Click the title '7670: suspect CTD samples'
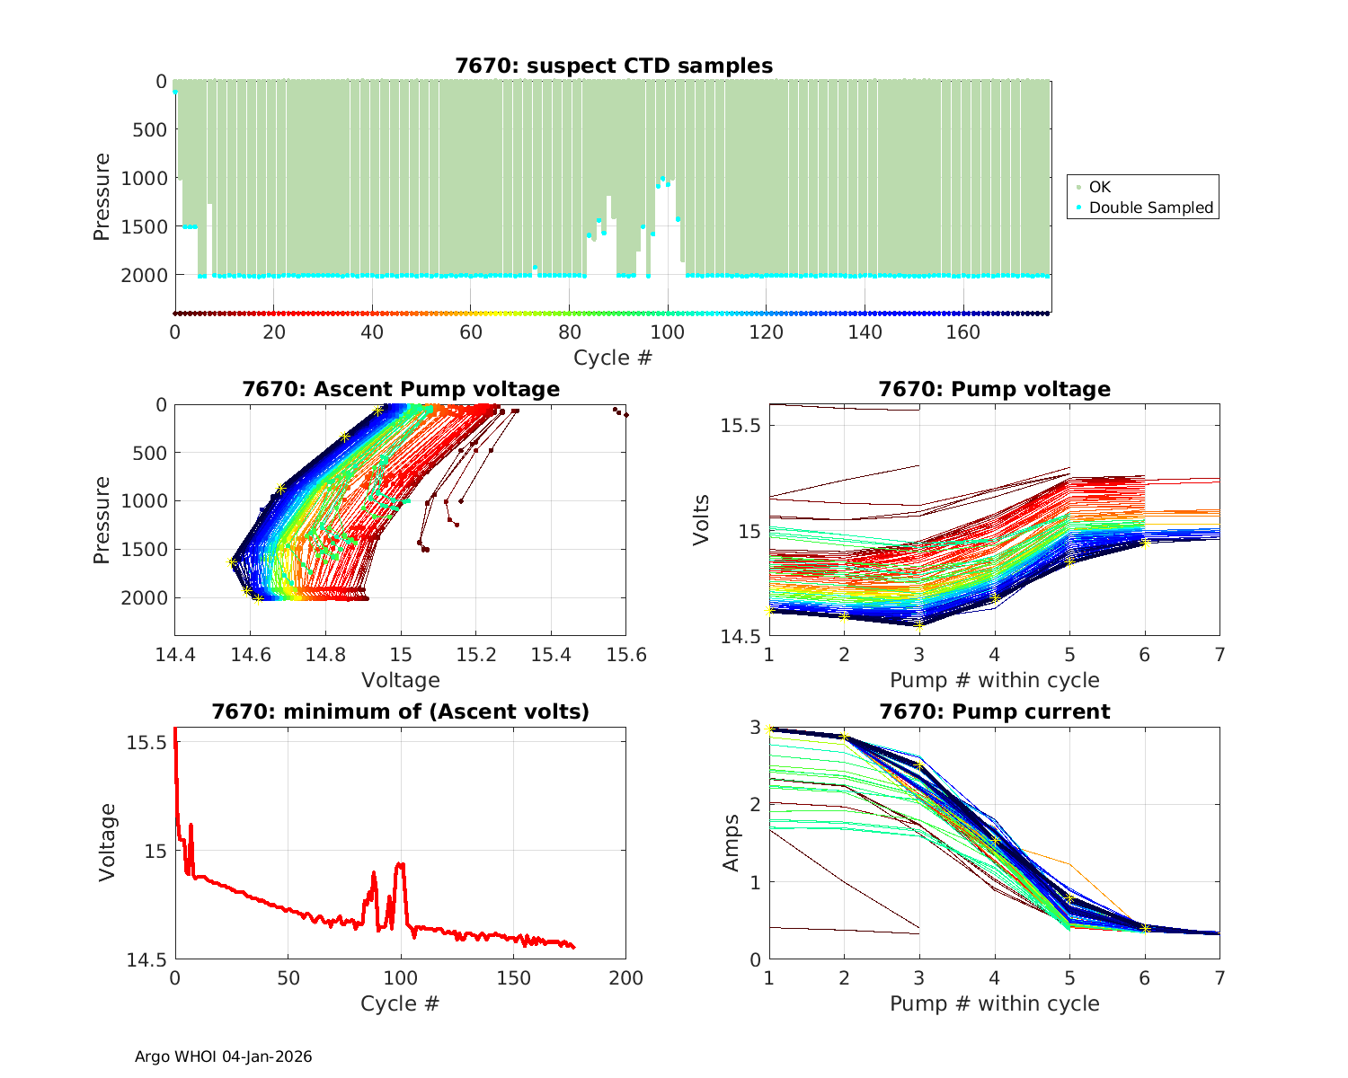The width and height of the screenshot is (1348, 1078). (614, 66)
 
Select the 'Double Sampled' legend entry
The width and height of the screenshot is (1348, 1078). (1150, 208)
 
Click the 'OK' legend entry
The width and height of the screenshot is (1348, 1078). (1099, 187)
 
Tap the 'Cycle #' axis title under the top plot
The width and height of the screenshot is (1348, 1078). (613, 358)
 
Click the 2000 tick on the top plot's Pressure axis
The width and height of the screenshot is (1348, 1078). (144, 275)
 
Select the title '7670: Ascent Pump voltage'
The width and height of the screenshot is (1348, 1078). (401, 389)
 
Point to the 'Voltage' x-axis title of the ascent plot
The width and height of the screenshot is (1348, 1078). (401, 680)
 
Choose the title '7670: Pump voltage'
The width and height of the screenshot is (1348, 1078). (994, 389)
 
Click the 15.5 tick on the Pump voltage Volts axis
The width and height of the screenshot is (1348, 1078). (741, 425)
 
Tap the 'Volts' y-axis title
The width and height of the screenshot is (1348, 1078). (702, 519)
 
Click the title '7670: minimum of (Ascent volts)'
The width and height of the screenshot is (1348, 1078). (401, 711)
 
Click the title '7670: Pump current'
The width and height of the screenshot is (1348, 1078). (994, 711)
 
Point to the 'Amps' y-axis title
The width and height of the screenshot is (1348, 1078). (732, 843)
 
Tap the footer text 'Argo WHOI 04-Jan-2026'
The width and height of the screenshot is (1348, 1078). (224, 1056)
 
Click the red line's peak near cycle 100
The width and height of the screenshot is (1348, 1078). (401, 864)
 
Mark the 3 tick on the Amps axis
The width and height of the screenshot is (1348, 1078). (755, 727)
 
